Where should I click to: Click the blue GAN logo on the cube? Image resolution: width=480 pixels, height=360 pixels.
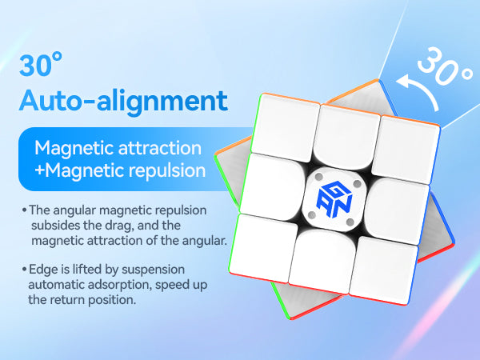(x=334, y=199)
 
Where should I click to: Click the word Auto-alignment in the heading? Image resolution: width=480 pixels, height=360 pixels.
(x=123, y=101)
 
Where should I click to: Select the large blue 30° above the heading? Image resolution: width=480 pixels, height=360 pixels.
(x=41, y=65)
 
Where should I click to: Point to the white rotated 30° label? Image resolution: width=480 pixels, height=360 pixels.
(x=445, y=66)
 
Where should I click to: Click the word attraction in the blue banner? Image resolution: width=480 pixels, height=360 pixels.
(x=160, y=148)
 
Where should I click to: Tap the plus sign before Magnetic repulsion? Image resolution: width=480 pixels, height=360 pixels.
(x=39, y=170)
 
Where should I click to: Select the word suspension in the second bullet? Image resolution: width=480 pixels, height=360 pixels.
(x=154, y=270)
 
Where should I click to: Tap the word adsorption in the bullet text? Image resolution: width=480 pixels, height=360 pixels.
(x=120, y=286)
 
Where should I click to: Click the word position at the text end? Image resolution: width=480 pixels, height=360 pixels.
(x=112, y=300)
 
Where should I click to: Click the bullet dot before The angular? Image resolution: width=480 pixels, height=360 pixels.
(x=25, y=210)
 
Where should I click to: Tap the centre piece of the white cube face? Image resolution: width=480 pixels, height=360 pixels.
(x=334, y=199)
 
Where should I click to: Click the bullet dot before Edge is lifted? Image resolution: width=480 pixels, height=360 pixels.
(x=25, y=270)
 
